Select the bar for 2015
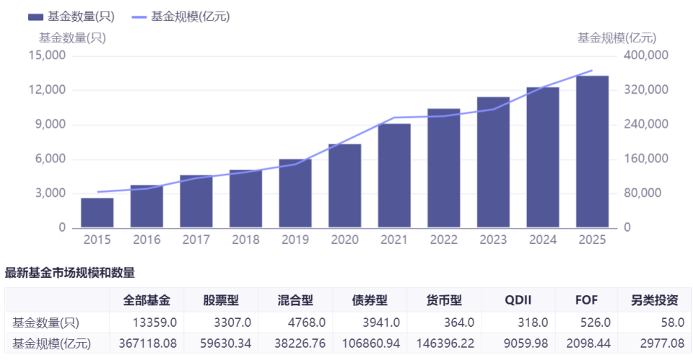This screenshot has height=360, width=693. point(97,213)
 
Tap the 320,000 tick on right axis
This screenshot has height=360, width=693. point(642,90)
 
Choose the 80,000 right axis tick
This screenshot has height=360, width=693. point(639,193)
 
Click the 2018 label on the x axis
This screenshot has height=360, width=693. point(245,240)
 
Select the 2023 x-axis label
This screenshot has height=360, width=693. point(493,240)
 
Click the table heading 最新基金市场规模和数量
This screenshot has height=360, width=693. point(70,273)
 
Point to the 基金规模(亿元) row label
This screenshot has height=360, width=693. point(48,344)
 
